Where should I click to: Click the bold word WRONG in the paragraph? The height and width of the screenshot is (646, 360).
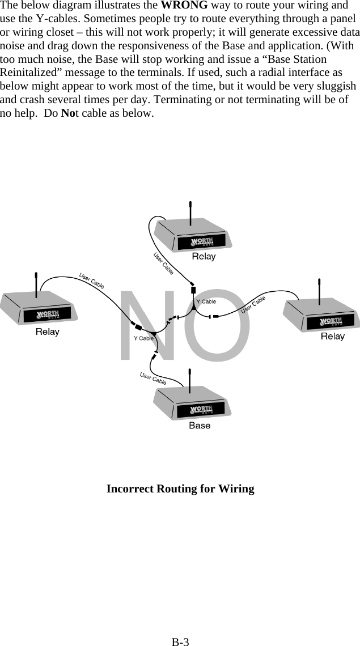184,7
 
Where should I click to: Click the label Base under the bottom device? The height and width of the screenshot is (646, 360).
200,425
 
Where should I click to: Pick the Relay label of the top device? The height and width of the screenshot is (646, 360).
204,256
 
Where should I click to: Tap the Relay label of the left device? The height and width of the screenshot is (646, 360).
48,331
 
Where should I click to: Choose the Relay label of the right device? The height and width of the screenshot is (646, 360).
333,337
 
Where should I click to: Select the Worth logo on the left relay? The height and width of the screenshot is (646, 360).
48,315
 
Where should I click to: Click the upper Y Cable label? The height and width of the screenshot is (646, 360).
206,301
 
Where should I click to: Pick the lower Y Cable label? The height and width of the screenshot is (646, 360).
143,338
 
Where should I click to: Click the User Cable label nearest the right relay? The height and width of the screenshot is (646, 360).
253,304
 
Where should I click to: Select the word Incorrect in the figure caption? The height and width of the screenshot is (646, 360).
130,488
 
